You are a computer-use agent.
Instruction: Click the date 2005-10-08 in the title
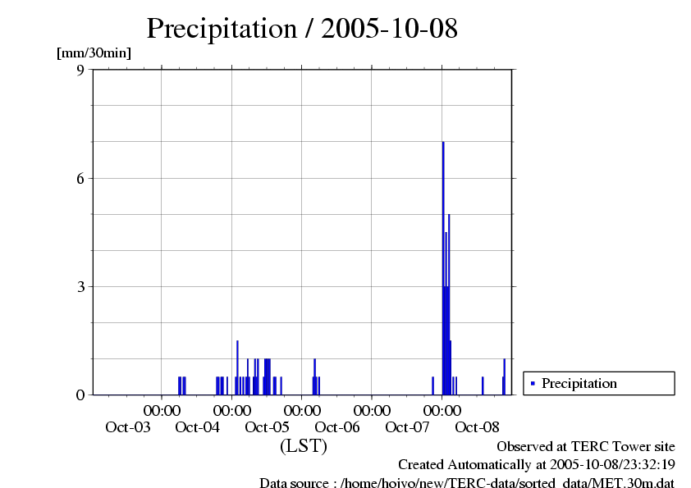pos(389,29)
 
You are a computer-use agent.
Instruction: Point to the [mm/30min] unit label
pos(94,53)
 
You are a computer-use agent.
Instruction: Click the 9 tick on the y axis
pos(80,70)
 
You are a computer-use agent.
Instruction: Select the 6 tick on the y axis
pos(80,178)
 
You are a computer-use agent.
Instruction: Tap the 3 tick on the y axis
pos(80,286)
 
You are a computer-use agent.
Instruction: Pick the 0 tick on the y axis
pos(80,395)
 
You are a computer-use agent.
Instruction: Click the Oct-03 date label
pos(127,427)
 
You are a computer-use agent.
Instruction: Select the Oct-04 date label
pos(197,427)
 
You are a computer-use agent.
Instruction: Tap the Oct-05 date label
pos(268,427)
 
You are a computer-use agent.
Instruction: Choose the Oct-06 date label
pos(337,427)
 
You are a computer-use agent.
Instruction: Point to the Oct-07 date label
pos(408,427)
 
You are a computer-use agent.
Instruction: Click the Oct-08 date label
pos(478,427)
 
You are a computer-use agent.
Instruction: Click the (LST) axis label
pos(303,447)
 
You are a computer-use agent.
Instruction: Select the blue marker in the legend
pos(533,383)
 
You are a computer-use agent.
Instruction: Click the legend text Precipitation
pos(579,383)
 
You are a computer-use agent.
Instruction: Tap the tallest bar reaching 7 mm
pos(443,262)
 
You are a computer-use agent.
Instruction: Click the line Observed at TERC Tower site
pos(586,447)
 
